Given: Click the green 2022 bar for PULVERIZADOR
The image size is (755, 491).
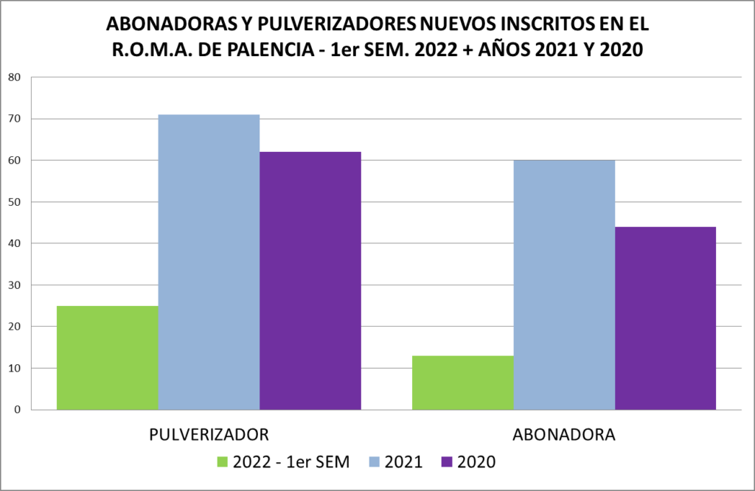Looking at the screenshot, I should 108,358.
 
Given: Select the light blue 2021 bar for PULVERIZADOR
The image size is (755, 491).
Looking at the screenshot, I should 209,262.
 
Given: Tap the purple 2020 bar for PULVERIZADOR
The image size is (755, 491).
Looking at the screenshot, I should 310,280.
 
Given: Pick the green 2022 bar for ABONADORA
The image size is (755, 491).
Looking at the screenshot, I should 462,383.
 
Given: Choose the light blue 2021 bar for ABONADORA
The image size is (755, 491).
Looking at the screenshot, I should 564,285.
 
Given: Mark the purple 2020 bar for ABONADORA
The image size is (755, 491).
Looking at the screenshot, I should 665,318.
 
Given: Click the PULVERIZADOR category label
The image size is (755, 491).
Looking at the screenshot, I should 209,433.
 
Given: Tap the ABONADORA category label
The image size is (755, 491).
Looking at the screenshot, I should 564,433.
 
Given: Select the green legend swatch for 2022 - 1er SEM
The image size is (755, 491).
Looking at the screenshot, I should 222,462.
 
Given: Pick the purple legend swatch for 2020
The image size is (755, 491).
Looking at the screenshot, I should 446,462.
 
